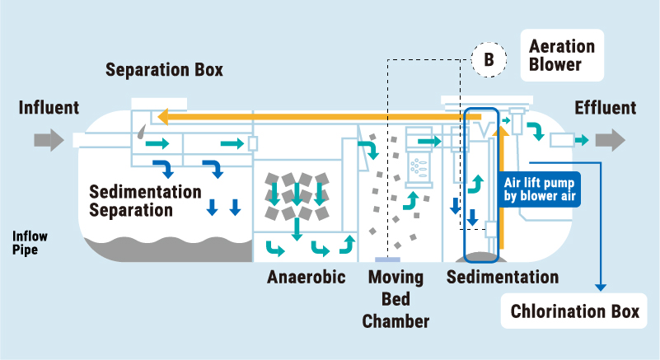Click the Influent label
[49, 108]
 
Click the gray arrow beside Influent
[49, 139]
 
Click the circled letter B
[489, 60]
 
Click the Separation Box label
[164, 70]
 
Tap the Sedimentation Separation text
[145, 200]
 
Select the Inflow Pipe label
[30, 241]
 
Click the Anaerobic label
[306, 277]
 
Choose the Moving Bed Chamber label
[396, 298]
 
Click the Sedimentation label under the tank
[502, 277]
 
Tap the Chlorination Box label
[574, 312]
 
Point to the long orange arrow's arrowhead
[165, 117]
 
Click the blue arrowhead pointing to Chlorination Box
[601, 286]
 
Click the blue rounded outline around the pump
[481, 185]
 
